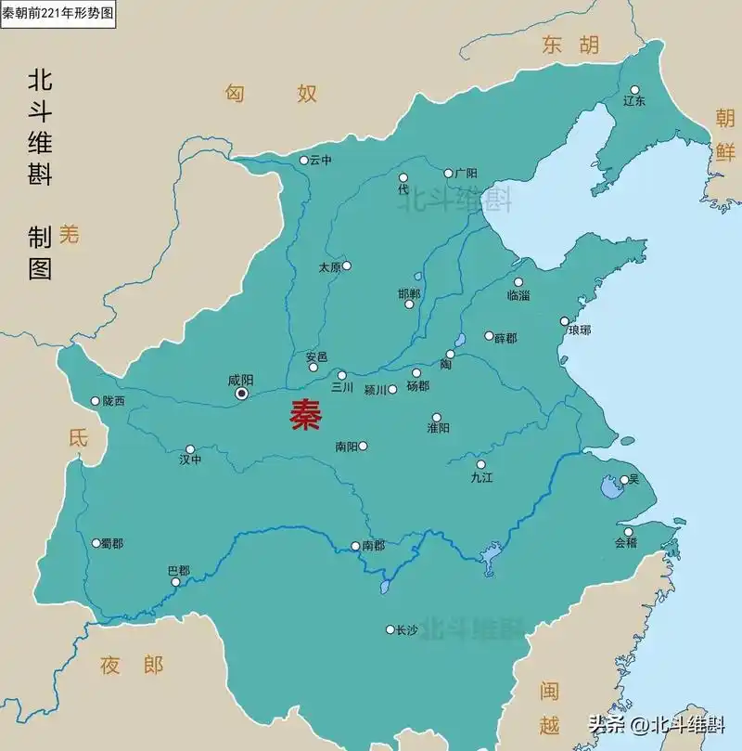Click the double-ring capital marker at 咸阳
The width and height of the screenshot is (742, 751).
[x=242, y=394]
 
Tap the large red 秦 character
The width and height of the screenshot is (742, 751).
[x=305, y=415]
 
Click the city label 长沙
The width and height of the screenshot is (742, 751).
[x=407, y=630]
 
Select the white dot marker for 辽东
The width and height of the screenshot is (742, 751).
[x=635, y=89]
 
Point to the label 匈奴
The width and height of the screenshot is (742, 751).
[x=271, y=93]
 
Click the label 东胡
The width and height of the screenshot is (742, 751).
[x=571, y=45]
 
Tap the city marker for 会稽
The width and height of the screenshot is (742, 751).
[x=631, y=532]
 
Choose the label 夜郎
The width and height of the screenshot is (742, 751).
[x=132, y=665]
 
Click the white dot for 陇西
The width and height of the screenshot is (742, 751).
[x=95, y=401]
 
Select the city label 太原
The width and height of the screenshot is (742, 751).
[x=329, y=267]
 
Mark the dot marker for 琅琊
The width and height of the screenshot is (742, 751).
[x=564, y=321]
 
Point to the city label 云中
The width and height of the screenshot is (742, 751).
[x=321, y=161]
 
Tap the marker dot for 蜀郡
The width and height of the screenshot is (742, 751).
[x=96, y=543]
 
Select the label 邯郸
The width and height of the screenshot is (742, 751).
[x=409, y=294]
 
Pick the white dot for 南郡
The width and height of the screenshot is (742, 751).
[x=355, y=546]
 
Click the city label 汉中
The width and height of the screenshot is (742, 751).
[x=190, y=460]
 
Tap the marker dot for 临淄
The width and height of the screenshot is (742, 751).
[x=518, y=282]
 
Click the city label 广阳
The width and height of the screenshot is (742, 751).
[x=466, y=174]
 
